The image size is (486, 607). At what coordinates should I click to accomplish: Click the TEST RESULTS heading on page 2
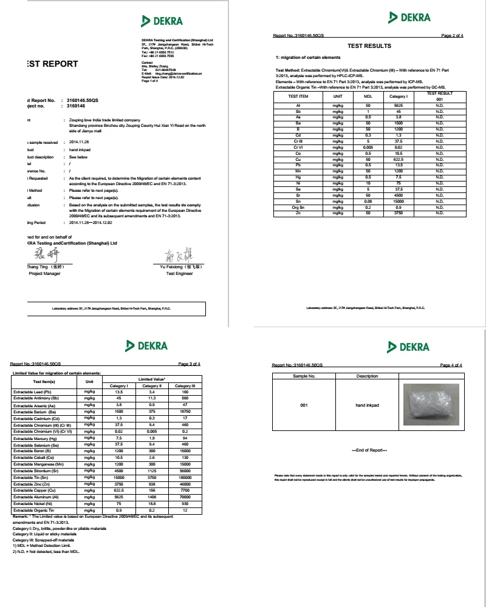pos(369,46)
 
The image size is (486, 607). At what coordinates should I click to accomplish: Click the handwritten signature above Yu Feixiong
pos(179,255)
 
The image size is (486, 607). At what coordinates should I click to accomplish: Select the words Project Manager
pos(45,274)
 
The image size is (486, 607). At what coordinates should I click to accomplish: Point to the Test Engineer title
pos(179,274)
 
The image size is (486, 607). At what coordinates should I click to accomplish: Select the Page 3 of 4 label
pos(189,364)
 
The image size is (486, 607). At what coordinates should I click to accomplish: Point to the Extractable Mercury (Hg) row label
pos(37,438)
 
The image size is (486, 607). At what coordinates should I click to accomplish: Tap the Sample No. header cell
pos(304,376)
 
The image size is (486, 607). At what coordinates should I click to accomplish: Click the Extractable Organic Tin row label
pos(38,511)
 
